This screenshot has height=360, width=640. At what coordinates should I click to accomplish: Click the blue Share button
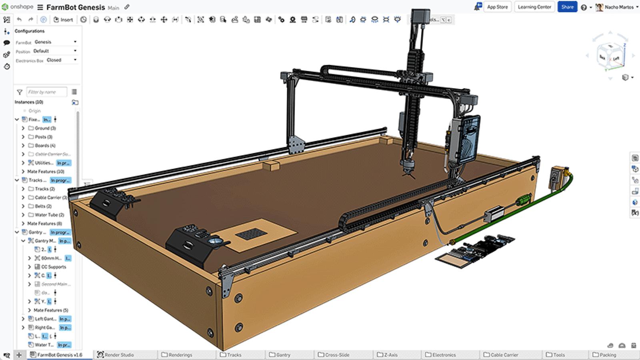click(567, 7)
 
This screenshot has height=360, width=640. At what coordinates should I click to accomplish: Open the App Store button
click(497, 7)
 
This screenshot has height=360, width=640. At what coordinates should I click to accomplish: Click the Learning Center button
click(534, 7)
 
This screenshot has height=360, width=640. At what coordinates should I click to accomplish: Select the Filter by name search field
click(46, 92)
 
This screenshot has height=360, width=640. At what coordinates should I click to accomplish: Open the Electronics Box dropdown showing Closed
click(61, 60)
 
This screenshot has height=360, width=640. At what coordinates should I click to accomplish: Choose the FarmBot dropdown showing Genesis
click(55, 42)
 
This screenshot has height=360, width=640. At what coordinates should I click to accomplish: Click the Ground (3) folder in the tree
click(45, 128)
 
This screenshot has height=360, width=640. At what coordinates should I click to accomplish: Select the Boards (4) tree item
click(45, 146)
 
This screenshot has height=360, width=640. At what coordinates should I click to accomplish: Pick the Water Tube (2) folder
click(49, 215)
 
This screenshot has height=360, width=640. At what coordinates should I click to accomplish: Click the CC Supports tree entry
click(54, 267)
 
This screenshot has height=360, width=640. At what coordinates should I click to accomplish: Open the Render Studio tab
click(119, 355)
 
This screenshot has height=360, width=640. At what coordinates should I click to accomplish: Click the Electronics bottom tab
click(444, 355)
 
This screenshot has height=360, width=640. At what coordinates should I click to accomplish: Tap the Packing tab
click(607, 355)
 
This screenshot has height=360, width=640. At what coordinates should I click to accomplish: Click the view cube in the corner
click(610, 56)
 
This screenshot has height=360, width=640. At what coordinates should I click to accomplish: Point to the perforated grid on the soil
click(251, 234)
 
